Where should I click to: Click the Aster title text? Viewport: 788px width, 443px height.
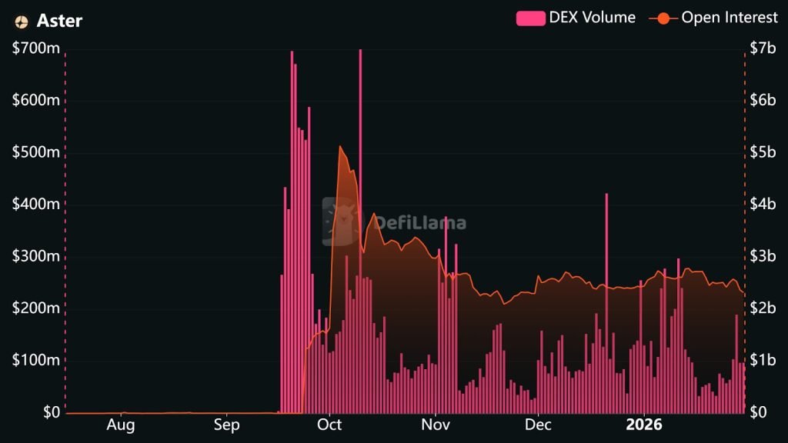tap(59, 21)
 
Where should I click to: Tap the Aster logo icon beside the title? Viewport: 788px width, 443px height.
tap(22, 22)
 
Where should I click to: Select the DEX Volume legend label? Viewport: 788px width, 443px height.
tap(591, 18)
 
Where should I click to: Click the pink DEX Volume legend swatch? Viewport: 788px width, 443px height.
tap(529, 18)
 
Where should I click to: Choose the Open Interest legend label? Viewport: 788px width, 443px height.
tap(730, 18)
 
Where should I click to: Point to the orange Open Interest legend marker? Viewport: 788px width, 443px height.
tap(663, 18)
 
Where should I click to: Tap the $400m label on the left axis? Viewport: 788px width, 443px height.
tap(36, 205)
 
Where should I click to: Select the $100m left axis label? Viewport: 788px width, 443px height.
tap(36, 361)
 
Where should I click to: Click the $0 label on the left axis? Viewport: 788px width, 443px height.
tap(51, 412)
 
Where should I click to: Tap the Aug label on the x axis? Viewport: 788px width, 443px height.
tap(121, 425)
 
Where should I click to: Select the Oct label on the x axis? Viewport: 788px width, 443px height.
tap(329, 425)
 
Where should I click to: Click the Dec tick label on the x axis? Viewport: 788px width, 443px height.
tap(538, 425)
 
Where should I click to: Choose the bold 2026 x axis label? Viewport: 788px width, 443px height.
tap(644, 425)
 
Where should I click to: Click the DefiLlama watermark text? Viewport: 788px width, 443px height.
tap(419, 223)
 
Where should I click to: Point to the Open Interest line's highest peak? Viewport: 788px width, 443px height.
tap(340, 147)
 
